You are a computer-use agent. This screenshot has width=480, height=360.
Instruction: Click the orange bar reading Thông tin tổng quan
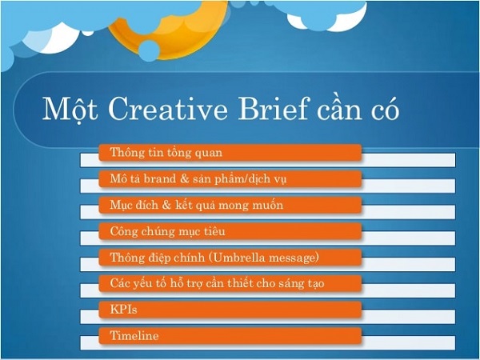[x=230, y=152]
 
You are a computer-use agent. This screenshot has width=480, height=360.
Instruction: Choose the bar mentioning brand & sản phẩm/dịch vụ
[x=230, y=178]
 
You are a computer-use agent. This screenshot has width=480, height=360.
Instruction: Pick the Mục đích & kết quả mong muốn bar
[x=230, y=205]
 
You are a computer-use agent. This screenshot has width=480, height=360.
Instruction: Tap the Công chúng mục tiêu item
[x=230, y=231]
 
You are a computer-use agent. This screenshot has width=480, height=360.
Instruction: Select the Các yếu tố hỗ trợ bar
[x=230, y=283]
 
